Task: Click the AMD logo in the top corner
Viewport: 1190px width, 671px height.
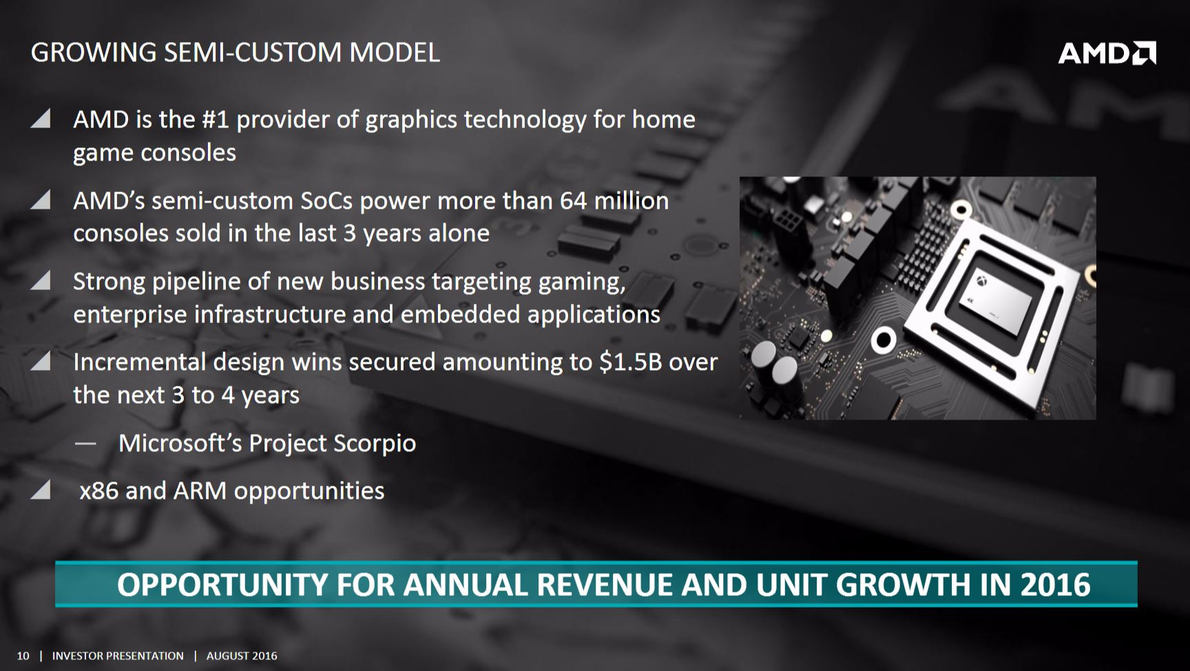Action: click(x=1107, y=53)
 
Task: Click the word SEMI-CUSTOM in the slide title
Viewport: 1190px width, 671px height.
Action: click(x=253, y=52)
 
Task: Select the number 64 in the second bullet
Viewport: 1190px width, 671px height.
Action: click(x=573, y=200)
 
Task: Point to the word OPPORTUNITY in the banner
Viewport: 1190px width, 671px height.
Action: click(x=222, y=585)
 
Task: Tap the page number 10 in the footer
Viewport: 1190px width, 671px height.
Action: click(x=23, y=656)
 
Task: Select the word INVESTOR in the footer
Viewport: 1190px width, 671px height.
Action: click(x=77, y=656)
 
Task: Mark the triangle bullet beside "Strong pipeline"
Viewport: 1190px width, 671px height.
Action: click(x=41, y=280)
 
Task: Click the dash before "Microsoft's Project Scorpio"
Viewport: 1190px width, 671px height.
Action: click(x=85, y=444)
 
